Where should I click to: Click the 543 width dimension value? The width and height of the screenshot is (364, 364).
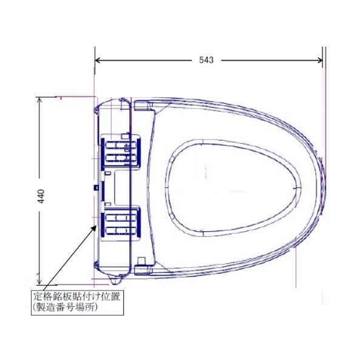pos(206,60)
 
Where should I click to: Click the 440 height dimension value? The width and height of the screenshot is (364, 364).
pos(41,197)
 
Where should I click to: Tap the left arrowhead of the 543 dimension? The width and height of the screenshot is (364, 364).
pos(98,60)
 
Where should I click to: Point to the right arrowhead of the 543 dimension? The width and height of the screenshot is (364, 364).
pos(320,60)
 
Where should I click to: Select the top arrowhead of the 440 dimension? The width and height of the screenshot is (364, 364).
pos(39,100)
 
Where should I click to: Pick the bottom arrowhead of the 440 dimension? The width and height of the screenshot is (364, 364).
pos(39,281)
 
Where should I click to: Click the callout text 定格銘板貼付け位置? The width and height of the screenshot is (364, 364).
pos(76,297)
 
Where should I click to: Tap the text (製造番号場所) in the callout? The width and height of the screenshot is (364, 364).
pos(66,308)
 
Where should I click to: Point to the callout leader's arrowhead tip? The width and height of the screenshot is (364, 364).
pos(96,226)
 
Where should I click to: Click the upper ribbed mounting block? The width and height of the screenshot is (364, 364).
pos(121,151)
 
